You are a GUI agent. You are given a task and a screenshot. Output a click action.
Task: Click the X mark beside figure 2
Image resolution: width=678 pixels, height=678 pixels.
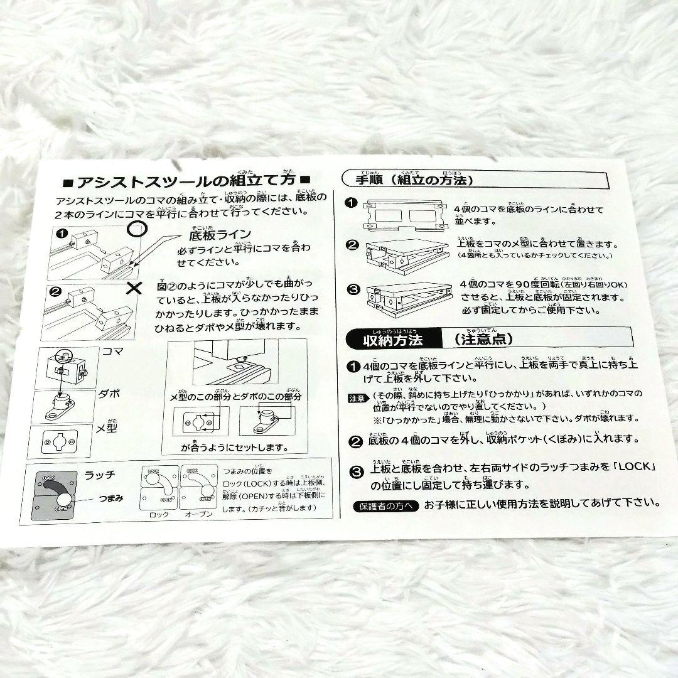(x=134, y=288)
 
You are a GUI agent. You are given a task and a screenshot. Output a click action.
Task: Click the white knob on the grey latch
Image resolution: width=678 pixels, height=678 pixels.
(x=65, y=499)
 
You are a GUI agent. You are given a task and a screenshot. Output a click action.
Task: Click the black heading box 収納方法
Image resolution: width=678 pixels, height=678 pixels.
(x=394, y=340)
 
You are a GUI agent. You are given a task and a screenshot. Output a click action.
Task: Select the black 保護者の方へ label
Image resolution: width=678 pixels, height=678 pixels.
(x=385, y=505)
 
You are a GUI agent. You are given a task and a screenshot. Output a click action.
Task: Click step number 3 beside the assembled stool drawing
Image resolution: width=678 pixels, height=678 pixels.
(x=353, y=290)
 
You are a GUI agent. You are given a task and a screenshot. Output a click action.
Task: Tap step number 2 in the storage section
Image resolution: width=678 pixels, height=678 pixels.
(x=355, y=440)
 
